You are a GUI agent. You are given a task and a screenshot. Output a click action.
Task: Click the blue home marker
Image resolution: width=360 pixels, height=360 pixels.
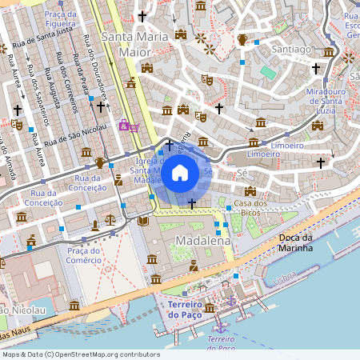tap(180, 173)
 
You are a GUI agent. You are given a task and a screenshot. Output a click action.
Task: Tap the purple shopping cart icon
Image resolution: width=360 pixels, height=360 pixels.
tap(127, 125)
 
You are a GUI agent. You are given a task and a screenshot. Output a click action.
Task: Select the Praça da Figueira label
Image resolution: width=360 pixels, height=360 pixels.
tap(66, 17)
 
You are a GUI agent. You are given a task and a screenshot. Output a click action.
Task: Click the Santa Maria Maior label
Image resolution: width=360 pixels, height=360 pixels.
tap(135, 43)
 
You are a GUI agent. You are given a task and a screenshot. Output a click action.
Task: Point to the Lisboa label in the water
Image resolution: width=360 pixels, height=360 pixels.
tap(284, 281)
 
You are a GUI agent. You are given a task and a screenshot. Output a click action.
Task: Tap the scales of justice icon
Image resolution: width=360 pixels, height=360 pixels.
tap(110, 218)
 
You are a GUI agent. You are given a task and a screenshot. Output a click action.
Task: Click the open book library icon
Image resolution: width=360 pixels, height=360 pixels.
tap(143, 221)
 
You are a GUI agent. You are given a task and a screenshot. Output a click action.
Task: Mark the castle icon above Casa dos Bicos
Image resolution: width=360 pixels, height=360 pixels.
tap(250, 191)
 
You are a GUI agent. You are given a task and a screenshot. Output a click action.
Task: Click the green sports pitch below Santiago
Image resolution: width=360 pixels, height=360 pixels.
tap(267, 73)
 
